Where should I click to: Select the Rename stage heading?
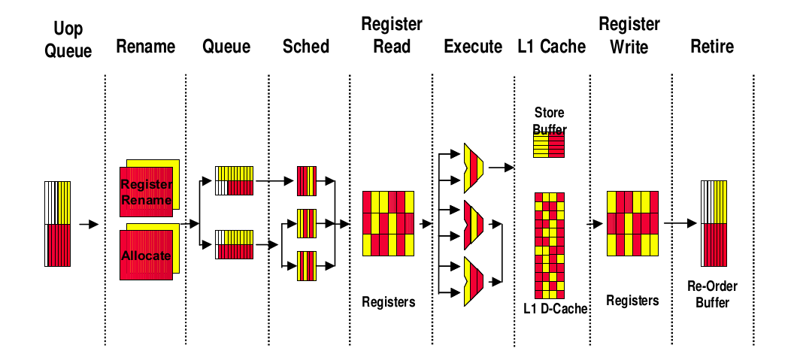(145, 47)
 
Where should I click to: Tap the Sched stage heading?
(306, 47)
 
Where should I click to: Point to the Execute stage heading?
(473, 47)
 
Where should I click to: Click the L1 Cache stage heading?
(551, 47)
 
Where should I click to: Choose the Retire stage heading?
(711, 47)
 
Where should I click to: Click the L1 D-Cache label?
(556, 309)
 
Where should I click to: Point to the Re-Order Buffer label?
(712, 294)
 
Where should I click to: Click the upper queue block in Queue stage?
(235, 180)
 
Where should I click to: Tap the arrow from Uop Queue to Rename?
(89, 224)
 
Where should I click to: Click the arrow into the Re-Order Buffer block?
(680, 223)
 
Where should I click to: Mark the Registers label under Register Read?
(388, 302)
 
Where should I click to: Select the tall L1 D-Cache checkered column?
(549, 246)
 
